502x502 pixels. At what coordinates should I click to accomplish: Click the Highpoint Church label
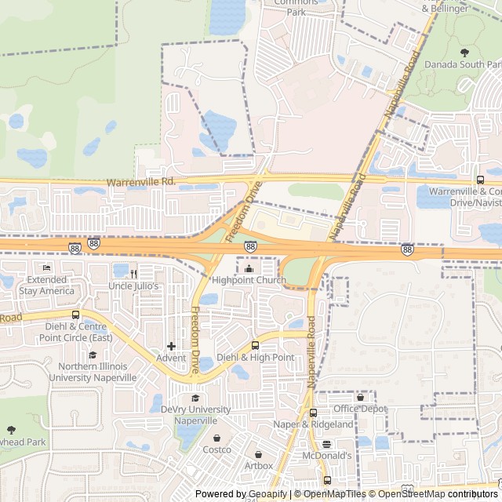(249, 281)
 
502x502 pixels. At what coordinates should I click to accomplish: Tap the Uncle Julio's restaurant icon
(134, 274)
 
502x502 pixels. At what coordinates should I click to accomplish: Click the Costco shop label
(217, 449)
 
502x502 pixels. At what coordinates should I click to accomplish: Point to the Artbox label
(258, 466)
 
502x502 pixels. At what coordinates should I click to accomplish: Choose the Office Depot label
(360, 409)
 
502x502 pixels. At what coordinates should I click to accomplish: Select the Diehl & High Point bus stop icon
(255, 346)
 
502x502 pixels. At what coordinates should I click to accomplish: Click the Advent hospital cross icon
(171, 346)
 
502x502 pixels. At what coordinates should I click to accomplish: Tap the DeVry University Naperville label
(195, 415)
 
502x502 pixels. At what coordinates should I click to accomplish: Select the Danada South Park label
(464, 64)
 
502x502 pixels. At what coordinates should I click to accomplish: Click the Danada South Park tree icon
(464, 53)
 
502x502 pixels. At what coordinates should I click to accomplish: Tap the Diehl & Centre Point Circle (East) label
(76, 332)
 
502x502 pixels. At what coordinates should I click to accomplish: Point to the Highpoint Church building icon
(249, 270)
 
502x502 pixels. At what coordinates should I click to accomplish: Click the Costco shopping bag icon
(216, 438)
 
